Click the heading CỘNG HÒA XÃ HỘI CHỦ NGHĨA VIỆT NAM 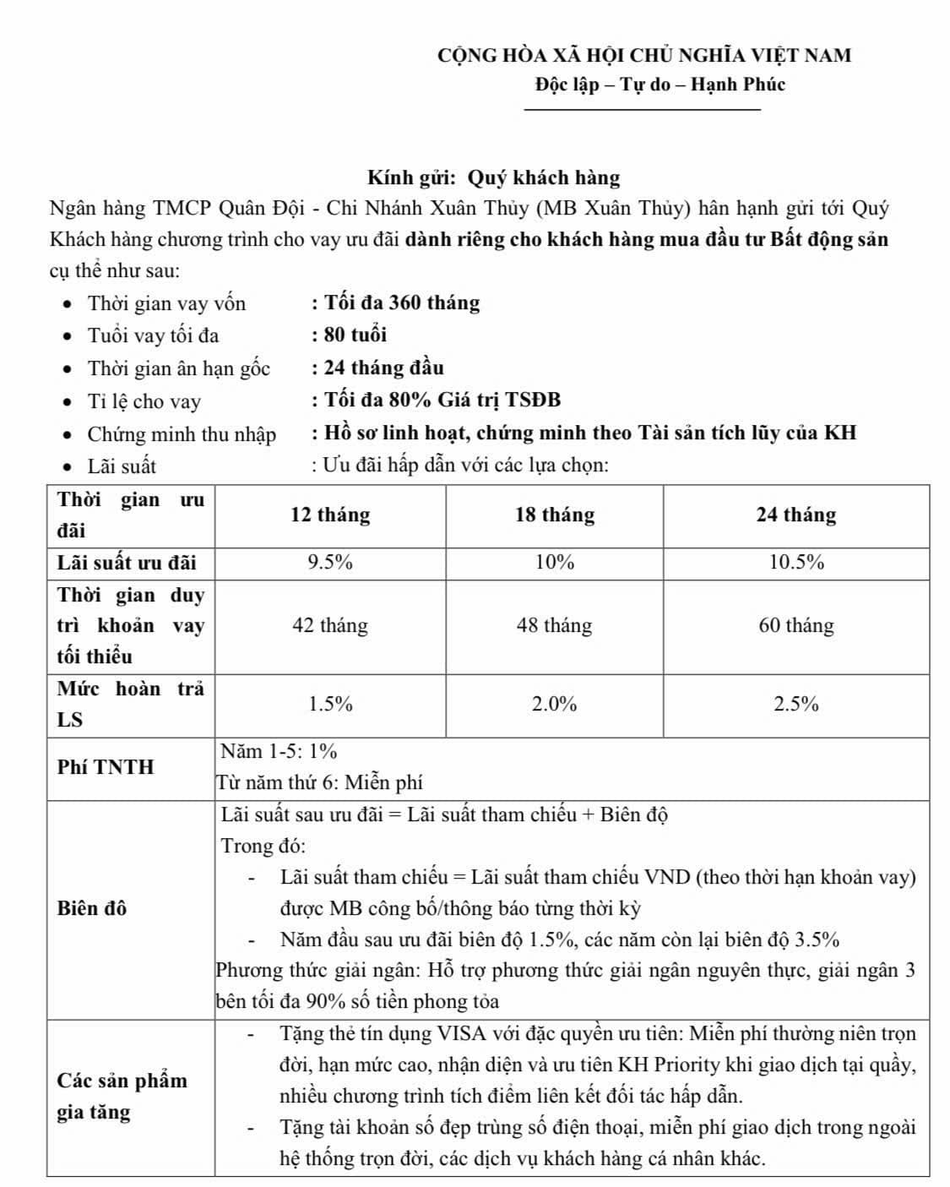(644, 56)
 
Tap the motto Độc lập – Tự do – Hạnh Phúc (660, 84)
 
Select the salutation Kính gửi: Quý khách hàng (493, 177)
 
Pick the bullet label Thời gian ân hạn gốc (179, 368)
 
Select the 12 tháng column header (330, 515)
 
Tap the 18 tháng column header (555, 515)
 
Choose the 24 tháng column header (795, 515)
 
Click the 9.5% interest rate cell (330, 563)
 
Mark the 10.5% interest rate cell (795, 563)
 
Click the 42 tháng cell (330, 626)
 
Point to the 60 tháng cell (795, 626)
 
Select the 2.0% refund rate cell (555, 705)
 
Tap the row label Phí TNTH (106, 767)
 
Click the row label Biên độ (92, 908)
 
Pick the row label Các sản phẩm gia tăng (122, 1096)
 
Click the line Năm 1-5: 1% (280, 752)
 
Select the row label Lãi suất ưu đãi (127, 563)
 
